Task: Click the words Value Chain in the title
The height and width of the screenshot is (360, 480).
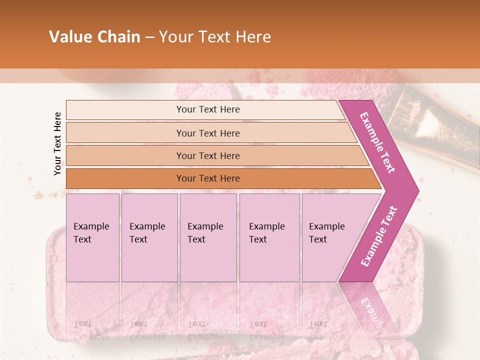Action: [x=94, y=37]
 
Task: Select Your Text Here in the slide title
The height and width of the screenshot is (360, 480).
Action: [x=215, y=37]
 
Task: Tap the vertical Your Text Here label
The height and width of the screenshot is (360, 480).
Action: [x=57, y=143]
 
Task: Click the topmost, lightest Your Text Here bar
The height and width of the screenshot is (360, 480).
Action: [x=207, y=109]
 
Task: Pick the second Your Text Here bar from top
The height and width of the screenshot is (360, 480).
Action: [x=207, y=133]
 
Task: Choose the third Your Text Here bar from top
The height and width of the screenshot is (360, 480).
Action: [x=207, y=155]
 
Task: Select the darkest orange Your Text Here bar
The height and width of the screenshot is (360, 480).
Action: [x=207, y=178]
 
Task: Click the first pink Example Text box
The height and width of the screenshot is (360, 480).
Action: [x=92, y=237]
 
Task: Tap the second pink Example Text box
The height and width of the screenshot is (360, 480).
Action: [x=149, y=237]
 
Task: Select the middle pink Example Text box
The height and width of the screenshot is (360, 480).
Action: [x=208, y=237]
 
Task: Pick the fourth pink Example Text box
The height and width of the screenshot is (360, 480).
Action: [x=269, y=237]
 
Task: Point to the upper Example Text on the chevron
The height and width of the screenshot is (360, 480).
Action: [x=378, y=142]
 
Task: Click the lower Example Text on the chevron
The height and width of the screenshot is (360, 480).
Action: [x=378, y=236]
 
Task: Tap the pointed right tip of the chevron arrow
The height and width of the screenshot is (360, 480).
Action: [x=415, y=190]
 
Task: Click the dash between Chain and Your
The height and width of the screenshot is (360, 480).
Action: [x=149, y=37]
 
